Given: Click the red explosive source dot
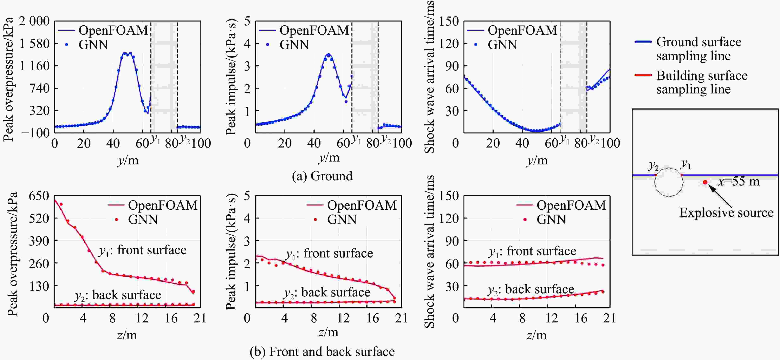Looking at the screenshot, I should point(705,182).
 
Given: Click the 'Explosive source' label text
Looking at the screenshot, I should point(726,212).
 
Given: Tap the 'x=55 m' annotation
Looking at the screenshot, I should point(739,181).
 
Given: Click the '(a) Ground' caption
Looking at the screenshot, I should point(322,176).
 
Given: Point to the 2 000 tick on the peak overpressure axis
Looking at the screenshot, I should point(34,21).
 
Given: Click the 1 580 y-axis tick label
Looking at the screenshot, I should point(34,44).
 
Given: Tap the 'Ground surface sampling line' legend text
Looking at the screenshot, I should point(698,49).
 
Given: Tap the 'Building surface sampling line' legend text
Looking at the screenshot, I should point(702,82).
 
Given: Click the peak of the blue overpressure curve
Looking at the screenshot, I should point(127,53).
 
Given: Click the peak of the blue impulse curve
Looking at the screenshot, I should point(329,54).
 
